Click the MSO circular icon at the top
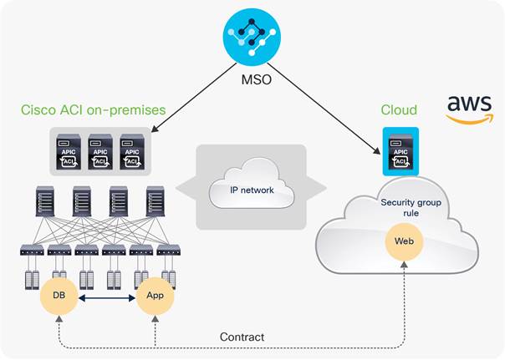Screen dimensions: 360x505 [253, 36]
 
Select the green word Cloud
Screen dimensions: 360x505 [400, 110]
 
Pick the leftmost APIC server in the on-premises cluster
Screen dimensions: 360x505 [66, 151]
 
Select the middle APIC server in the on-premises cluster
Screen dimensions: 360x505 [100, 151]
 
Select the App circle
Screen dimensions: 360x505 [156, 296]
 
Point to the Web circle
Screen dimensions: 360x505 [403, 242]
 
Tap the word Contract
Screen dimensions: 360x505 [242, 337]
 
